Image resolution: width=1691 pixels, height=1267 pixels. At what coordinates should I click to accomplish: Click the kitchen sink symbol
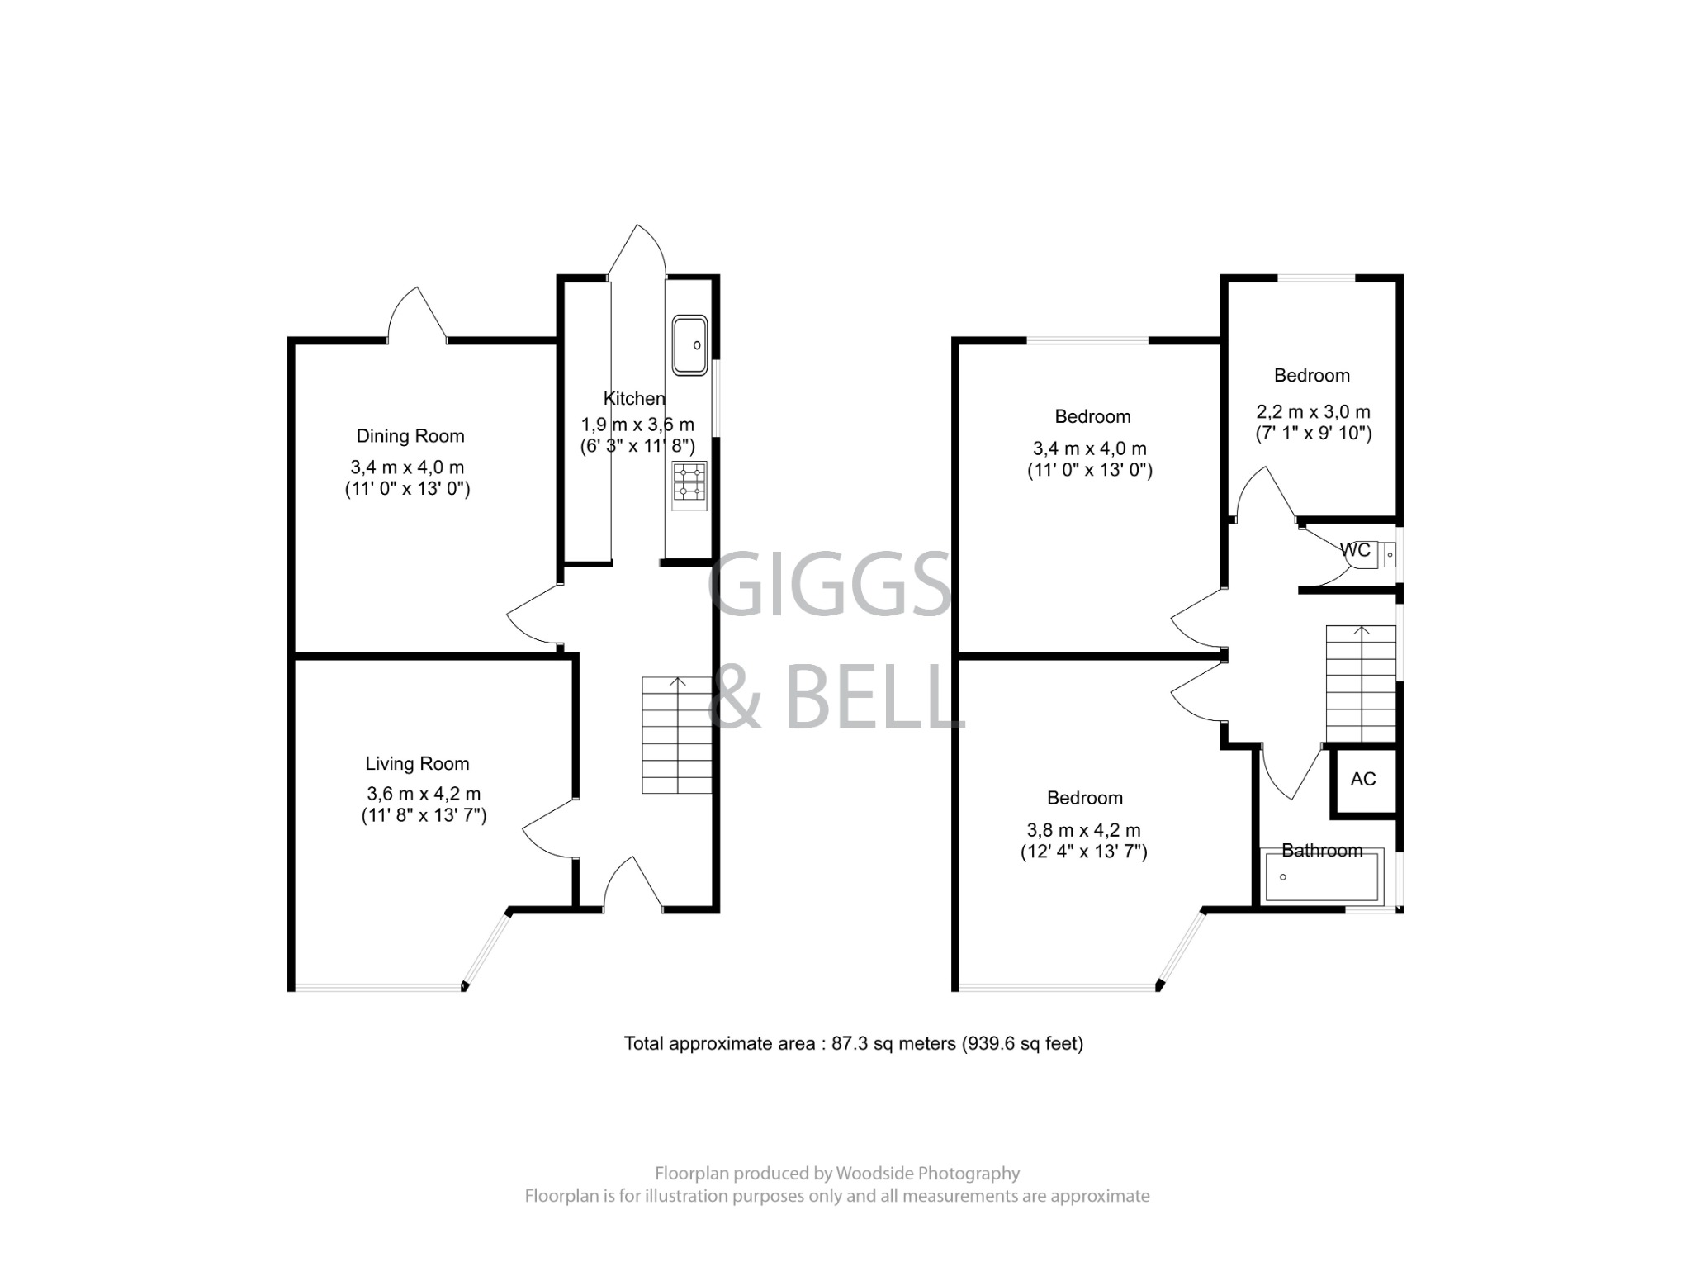point(689,344)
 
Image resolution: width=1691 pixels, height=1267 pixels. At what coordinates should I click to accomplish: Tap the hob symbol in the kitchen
point(689,482)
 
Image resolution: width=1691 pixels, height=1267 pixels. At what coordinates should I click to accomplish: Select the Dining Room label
point(410,436)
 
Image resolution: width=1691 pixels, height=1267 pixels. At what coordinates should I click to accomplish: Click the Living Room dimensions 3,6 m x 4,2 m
point(424,794)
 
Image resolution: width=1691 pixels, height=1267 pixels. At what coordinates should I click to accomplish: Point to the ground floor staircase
point(677,735)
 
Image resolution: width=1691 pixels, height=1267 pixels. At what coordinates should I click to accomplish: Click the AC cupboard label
point(1363,779)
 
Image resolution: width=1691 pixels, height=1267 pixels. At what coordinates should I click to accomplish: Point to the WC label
point(1354,550)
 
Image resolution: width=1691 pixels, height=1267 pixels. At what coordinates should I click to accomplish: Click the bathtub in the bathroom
point(1321,878)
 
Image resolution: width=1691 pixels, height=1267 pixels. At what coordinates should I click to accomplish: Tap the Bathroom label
point(1321,851)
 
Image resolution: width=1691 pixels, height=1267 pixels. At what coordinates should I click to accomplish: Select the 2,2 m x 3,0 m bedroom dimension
point(1313,411)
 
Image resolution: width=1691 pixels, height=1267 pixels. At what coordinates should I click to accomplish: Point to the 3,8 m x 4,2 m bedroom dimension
point(1083,830)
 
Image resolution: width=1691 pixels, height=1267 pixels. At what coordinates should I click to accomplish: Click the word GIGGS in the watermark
point(830,584)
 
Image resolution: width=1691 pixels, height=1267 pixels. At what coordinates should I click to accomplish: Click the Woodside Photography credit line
point(837,1173)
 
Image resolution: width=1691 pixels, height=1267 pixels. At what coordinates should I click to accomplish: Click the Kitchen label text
point(633,398)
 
